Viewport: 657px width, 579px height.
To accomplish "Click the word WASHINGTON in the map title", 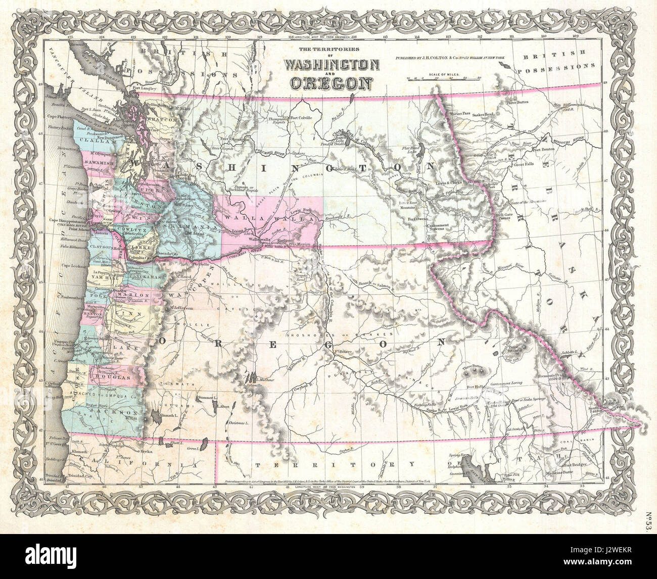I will click(x=332, y=65).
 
